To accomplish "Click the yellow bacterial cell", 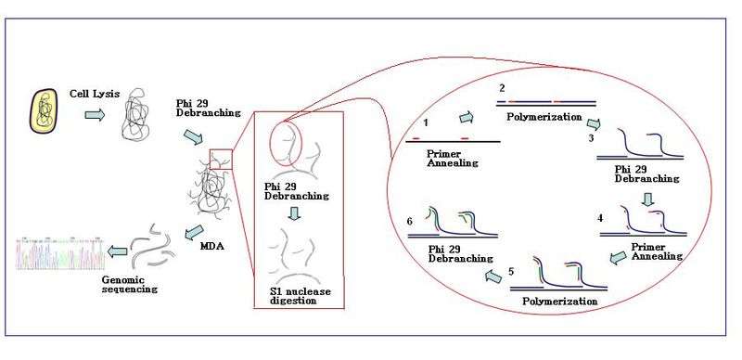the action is coord(44,110).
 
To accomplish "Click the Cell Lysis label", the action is coord(92,94).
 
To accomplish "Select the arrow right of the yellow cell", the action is coord(95,115).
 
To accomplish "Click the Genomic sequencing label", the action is coord(124,284).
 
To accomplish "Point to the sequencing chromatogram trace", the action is coord(60,252).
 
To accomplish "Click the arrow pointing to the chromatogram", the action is coord(117,251).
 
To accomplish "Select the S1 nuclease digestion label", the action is coord(297,296).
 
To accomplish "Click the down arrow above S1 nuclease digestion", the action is coord(294,213).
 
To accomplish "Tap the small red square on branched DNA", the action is coord(221,160).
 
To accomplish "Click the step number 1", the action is coord(426,122).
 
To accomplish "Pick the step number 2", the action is coord(502,88).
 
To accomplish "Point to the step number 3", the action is coord(592,139).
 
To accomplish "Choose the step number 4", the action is coord(600,218).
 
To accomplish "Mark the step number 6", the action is coord(410,221).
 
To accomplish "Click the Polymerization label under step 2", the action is coord(544,117).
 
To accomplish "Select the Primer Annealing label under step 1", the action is coord(453,159).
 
